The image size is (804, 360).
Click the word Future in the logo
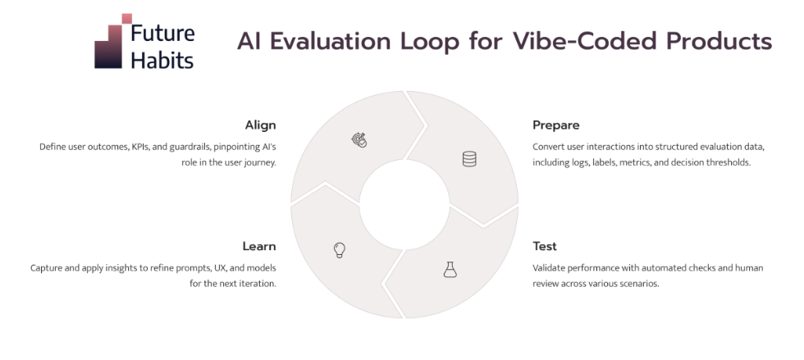[x=163, y=33]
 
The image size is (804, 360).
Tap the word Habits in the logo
[x=162, y=60]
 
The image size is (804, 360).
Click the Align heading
[x=260, y=125]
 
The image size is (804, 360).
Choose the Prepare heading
[x=556, y=125]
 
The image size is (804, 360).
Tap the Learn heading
[x=259, y=246]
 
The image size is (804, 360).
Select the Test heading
[x=545, y=246]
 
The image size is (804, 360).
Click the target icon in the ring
[x=359, y=140]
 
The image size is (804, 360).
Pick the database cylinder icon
[x=469, y=159]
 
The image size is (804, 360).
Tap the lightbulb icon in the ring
[x=340, y=250]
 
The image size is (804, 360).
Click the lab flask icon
[x=450, y=269]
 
